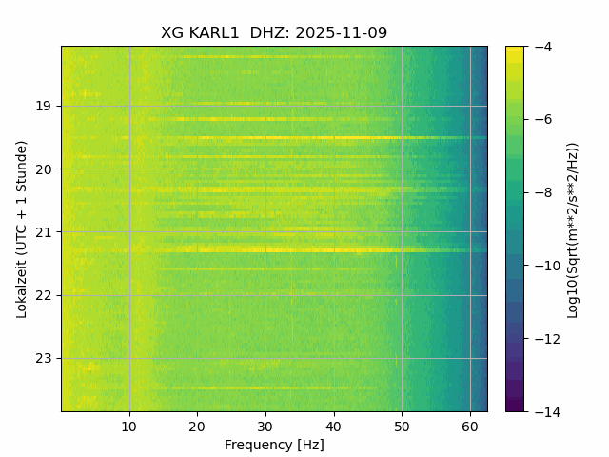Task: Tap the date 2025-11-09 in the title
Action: [341, 33]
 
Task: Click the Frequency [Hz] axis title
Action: [274, 445]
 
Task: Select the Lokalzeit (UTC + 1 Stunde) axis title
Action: [21, 228]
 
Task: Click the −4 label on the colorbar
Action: [540, 47]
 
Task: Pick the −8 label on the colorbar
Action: [540, 192]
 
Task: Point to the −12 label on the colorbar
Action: [542, 339]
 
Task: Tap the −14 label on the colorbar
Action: [542, 411]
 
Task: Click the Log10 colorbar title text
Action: [573, 228]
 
